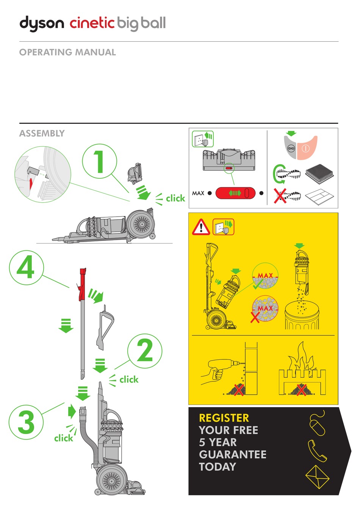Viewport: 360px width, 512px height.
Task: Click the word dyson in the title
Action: [42, 23]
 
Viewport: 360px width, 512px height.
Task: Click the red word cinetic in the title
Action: [92, 23]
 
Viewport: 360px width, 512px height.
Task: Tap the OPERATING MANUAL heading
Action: [67, 52]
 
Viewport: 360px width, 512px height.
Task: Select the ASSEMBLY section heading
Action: [42, 133]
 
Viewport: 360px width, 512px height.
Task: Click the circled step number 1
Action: [99, 161]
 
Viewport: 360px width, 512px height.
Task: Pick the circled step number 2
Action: [145, 351]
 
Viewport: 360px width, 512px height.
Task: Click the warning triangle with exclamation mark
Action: [201, 227]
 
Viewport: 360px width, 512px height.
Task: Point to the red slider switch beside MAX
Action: [235, 193]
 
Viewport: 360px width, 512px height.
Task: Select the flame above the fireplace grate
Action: [302, 358]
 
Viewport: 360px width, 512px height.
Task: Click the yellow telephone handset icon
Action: [317, 451]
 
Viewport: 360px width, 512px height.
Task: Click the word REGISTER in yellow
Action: [224, 418]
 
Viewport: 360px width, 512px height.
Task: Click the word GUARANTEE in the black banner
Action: [233, 454]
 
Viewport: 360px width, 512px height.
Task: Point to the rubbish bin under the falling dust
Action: [302, 316]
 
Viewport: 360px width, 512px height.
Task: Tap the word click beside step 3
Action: [63, 438]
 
